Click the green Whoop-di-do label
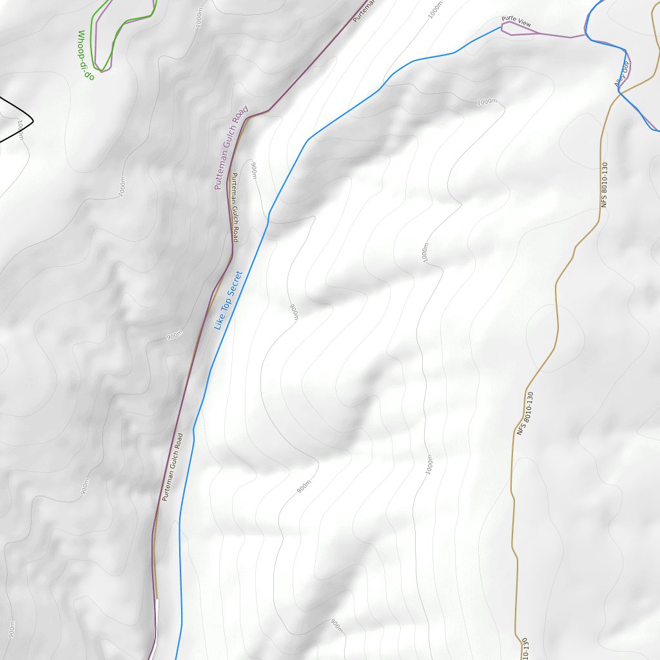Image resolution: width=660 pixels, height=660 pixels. pos(86,55)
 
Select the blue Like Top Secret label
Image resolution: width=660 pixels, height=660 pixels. pos(227,300)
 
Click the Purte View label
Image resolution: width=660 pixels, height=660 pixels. pos(517,23)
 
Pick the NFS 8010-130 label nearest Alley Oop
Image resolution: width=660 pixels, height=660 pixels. pos(604,184)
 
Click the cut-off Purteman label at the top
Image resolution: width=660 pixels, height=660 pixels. pos(363,9)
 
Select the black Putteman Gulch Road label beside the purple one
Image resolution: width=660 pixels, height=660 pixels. pos(235,208)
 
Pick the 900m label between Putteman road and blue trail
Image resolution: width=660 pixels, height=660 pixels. pos(253,170)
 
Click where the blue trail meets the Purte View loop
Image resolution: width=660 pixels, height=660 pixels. pos(501,26)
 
